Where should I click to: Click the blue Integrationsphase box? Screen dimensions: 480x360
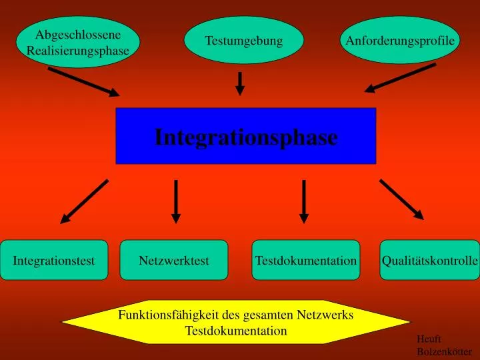(246, 136)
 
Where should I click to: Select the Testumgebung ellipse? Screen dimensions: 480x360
(244, 40)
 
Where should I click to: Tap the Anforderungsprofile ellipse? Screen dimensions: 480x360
(400, 40)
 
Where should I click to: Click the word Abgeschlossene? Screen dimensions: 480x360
(78, 35)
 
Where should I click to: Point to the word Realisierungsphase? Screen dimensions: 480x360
(78, 51)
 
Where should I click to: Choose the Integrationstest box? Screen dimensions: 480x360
(54, 260)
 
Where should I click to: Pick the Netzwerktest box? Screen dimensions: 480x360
(174, 260)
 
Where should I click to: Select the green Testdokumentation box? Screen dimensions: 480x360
(306, 260)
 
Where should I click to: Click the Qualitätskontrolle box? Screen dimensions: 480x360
(429, 260)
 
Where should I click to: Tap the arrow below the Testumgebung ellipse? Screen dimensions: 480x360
(240, 83)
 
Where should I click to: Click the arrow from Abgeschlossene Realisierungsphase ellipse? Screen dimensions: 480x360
(83, 82)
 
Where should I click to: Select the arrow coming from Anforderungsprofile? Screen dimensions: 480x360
(400, 78)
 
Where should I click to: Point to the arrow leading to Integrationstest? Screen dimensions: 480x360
(84, 201)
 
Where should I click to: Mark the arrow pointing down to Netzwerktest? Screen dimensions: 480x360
(176, 201)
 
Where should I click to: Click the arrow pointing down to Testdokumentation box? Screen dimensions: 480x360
(304, 201)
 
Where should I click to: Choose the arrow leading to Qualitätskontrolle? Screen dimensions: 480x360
(401, 199)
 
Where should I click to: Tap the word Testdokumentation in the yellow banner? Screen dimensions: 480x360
(236, 331)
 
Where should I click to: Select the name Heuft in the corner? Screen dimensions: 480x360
(429, 339)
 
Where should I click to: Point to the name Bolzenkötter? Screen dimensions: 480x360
(444, 352)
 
